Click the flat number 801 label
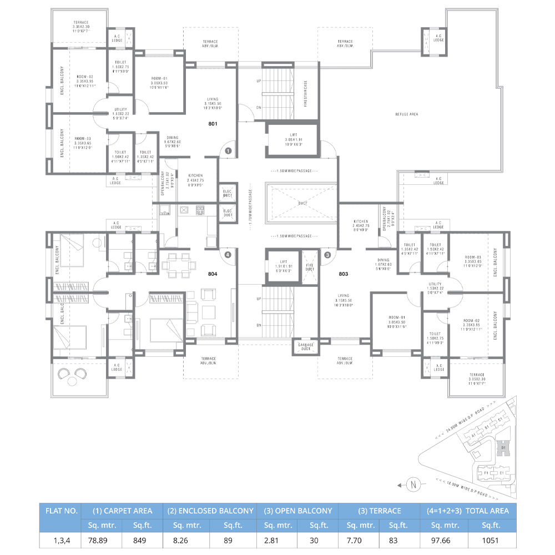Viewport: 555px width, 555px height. pos(213,124)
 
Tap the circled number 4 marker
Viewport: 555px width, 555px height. pos(228,255)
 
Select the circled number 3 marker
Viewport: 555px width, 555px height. pos(327,255)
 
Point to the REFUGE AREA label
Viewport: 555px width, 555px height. pos(407,114)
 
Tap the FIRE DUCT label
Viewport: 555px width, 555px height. pos(309,267)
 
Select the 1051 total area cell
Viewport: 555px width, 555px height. pos(491,539)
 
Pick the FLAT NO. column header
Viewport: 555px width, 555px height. pos(61,511)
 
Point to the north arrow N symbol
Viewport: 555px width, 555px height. pos(412,486)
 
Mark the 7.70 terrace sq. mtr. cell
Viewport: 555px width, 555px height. pos(358,539)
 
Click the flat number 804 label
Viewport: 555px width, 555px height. pos(213,274)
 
